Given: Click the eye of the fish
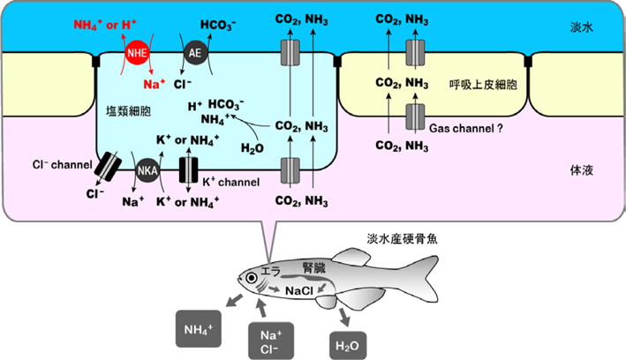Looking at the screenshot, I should pyautogui.click(x=253, y=278).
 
